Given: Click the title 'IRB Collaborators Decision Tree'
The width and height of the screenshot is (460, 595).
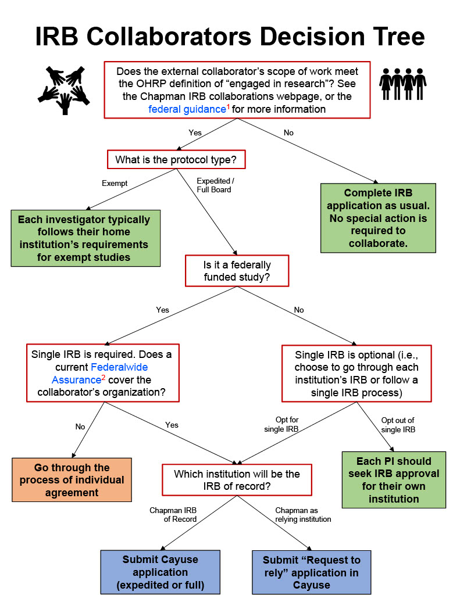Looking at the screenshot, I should coord(230,36).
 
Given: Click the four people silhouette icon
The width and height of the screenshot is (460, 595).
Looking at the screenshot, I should coord(402,85).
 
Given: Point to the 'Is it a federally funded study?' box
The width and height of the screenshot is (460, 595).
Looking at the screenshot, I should coord(237,270).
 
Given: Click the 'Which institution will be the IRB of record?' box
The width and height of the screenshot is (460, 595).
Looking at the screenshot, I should coord(236,480).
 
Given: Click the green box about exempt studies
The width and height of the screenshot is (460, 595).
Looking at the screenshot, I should coord(85,238).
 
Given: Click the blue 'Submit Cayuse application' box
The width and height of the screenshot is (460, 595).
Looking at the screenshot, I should coord(160,572).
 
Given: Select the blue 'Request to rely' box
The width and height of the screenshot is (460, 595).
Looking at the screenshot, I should coord(311,572).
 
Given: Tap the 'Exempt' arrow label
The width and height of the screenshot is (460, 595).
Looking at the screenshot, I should coord(114,183).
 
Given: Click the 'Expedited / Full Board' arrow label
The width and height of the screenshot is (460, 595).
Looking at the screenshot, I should coord(214,185).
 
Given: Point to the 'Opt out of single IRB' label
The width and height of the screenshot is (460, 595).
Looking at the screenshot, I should coord(398,424).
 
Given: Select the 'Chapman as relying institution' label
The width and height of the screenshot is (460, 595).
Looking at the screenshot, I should coord(303,514).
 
